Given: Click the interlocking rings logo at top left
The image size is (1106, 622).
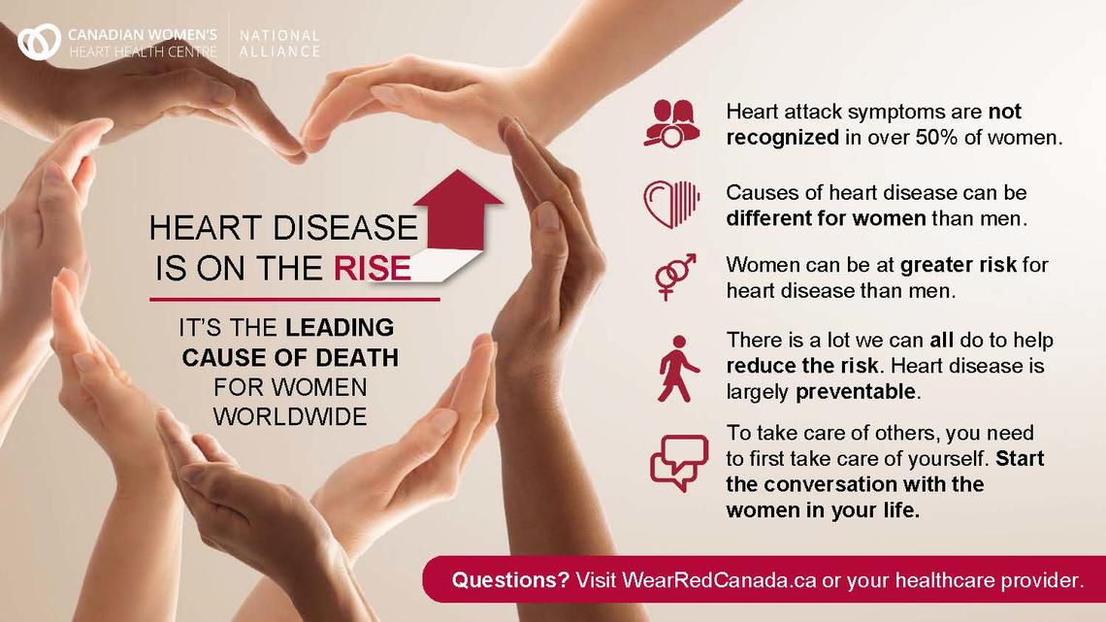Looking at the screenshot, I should pos(40,41).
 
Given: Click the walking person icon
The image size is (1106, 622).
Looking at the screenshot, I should pos(674,368).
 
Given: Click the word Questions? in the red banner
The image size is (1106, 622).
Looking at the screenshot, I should pos(509,580).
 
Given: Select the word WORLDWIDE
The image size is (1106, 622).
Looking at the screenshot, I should pos(290,417).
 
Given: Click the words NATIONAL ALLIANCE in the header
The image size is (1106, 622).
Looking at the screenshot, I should pos(278,43).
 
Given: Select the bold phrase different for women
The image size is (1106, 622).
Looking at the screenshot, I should pos(827,217).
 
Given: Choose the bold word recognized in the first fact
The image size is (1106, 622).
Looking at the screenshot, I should pos(782,137).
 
